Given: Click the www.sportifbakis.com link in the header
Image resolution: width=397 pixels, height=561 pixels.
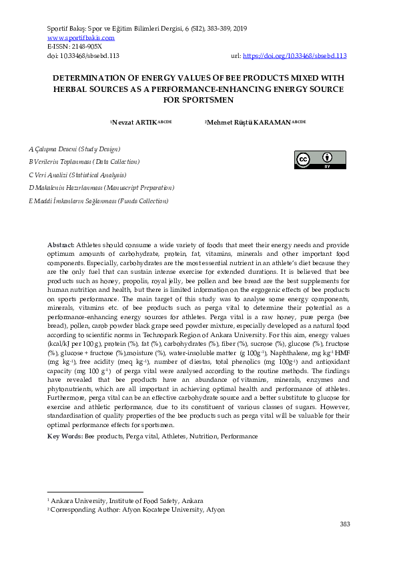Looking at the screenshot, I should pos(76,39).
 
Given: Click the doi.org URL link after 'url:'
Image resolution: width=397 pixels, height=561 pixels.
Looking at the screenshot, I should pos(294,57).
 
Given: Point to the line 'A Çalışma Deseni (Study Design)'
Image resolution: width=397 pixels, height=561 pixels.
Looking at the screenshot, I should pos(74,149).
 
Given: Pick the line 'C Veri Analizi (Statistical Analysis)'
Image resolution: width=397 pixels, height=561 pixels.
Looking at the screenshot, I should pos(77,175).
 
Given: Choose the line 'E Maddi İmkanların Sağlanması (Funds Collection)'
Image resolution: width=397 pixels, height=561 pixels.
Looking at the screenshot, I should pos(99,201).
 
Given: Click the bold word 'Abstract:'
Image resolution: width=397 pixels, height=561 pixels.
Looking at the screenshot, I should pos(61,246).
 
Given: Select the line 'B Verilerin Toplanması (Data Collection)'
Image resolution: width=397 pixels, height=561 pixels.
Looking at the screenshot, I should pos(84,162).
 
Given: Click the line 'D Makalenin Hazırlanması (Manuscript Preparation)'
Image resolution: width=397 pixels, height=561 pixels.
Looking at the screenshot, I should pos(101,188).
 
